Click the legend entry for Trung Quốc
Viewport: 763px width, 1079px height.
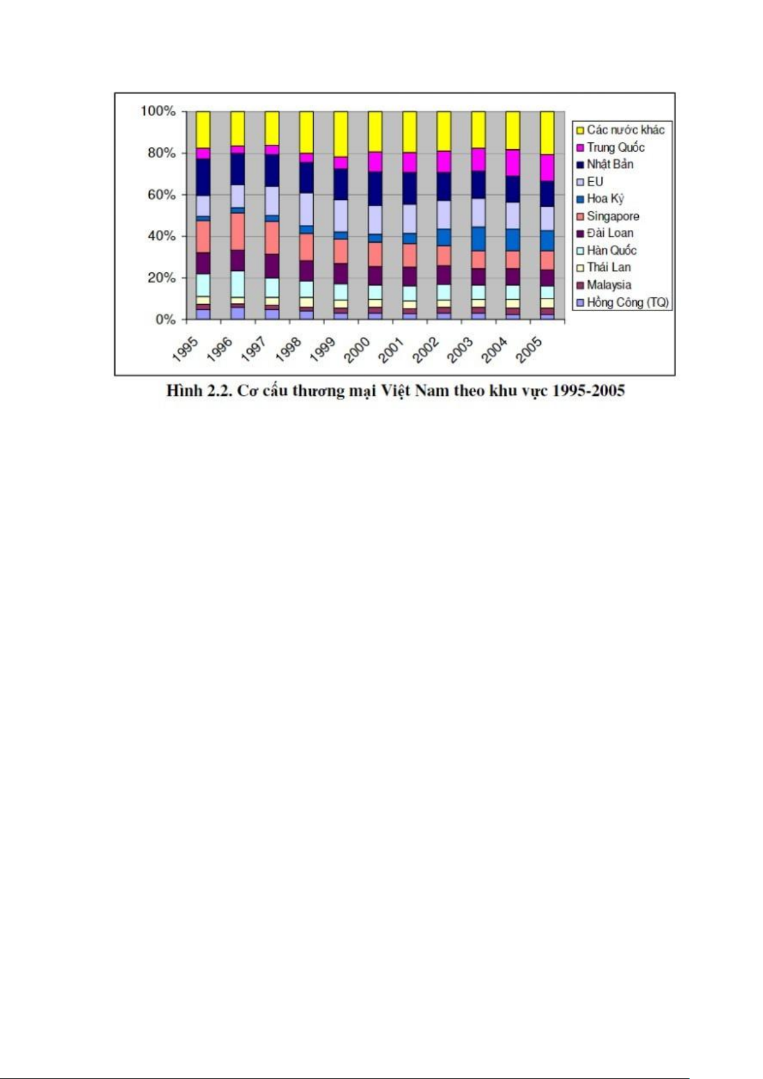[x=615, y=147]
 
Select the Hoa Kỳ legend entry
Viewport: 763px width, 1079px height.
[x=605, y=199]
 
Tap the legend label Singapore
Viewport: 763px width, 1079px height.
[x=613, y=216]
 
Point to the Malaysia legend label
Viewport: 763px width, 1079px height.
[x=609, y=285]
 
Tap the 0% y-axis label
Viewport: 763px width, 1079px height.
[x=165, y=319]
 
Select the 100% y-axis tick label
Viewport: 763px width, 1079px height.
[x=157, y=111]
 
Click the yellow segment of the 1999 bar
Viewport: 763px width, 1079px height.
[x=341, y=133]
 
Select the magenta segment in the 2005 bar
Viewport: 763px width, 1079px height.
[x=547, y=167]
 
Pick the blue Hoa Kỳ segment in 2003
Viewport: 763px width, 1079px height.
[x=478, y=238]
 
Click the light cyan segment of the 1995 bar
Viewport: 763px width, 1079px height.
[x=203, y=284]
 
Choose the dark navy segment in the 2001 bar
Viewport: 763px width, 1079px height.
[x=409, y=188]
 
